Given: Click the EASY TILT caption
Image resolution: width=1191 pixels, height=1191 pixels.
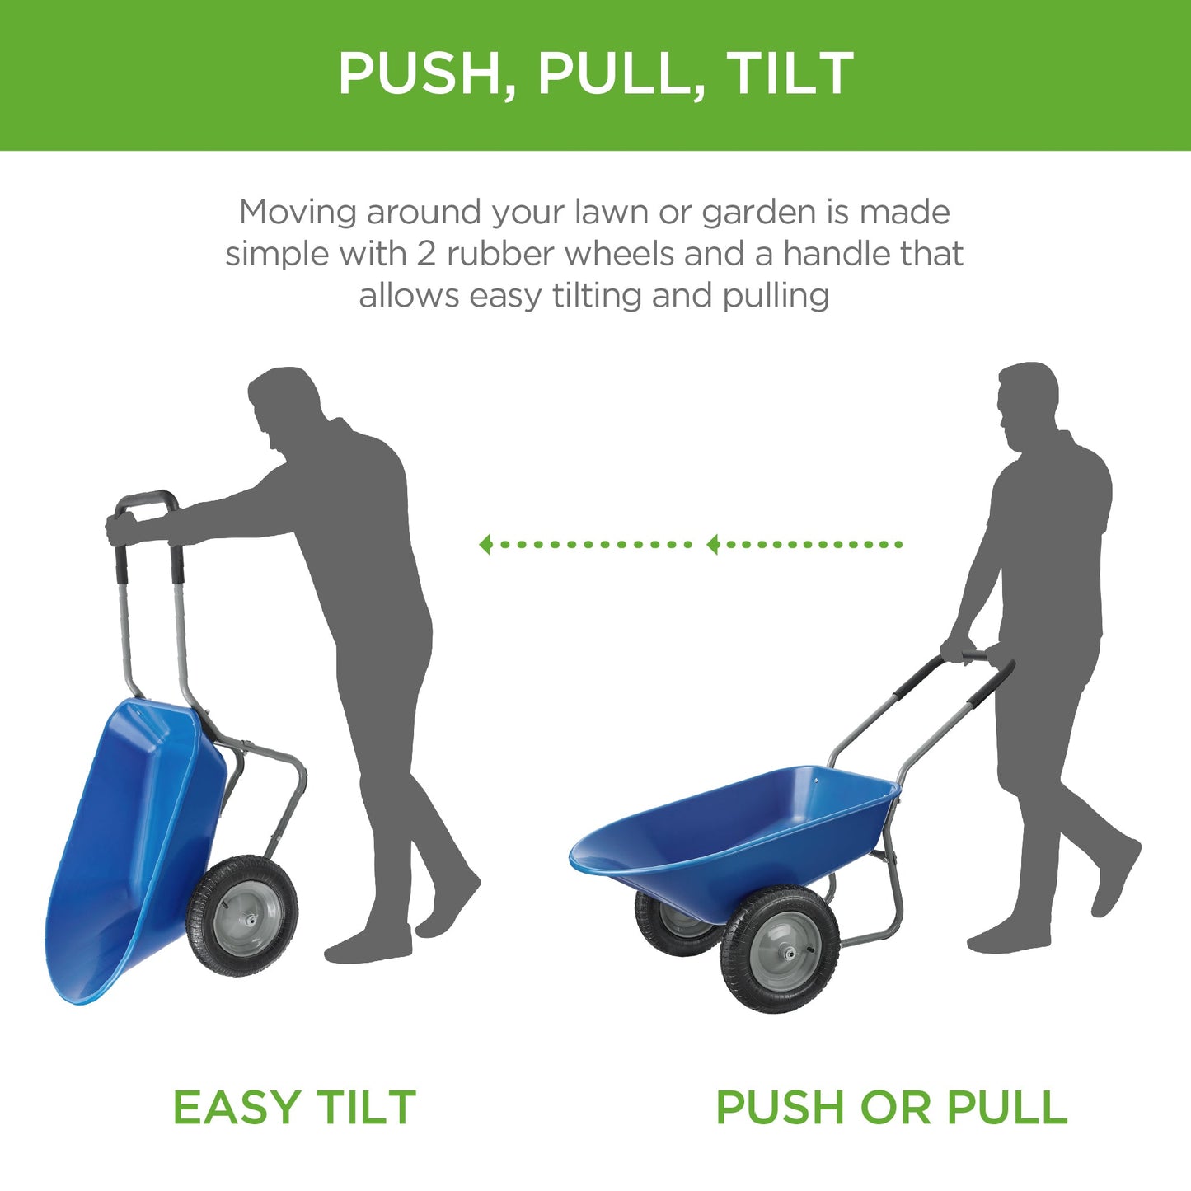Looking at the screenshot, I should (294, 1107).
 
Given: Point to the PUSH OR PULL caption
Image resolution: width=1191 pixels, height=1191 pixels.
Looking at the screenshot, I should (891, 1107).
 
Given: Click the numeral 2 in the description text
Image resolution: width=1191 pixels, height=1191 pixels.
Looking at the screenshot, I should (425, 254).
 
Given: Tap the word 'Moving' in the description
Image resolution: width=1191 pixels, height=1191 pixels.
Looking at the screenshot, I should (298, 213).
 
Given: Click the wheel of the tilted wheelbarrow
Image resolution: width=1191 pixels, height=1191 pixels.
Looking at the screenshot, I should (241, 916).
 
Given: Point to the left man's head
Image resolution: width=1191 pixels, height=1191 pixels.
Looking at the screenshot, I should (284, 404).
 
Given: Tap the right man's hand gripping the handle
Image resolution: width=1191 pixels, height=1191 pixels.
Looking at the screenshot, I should (957, 650).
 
